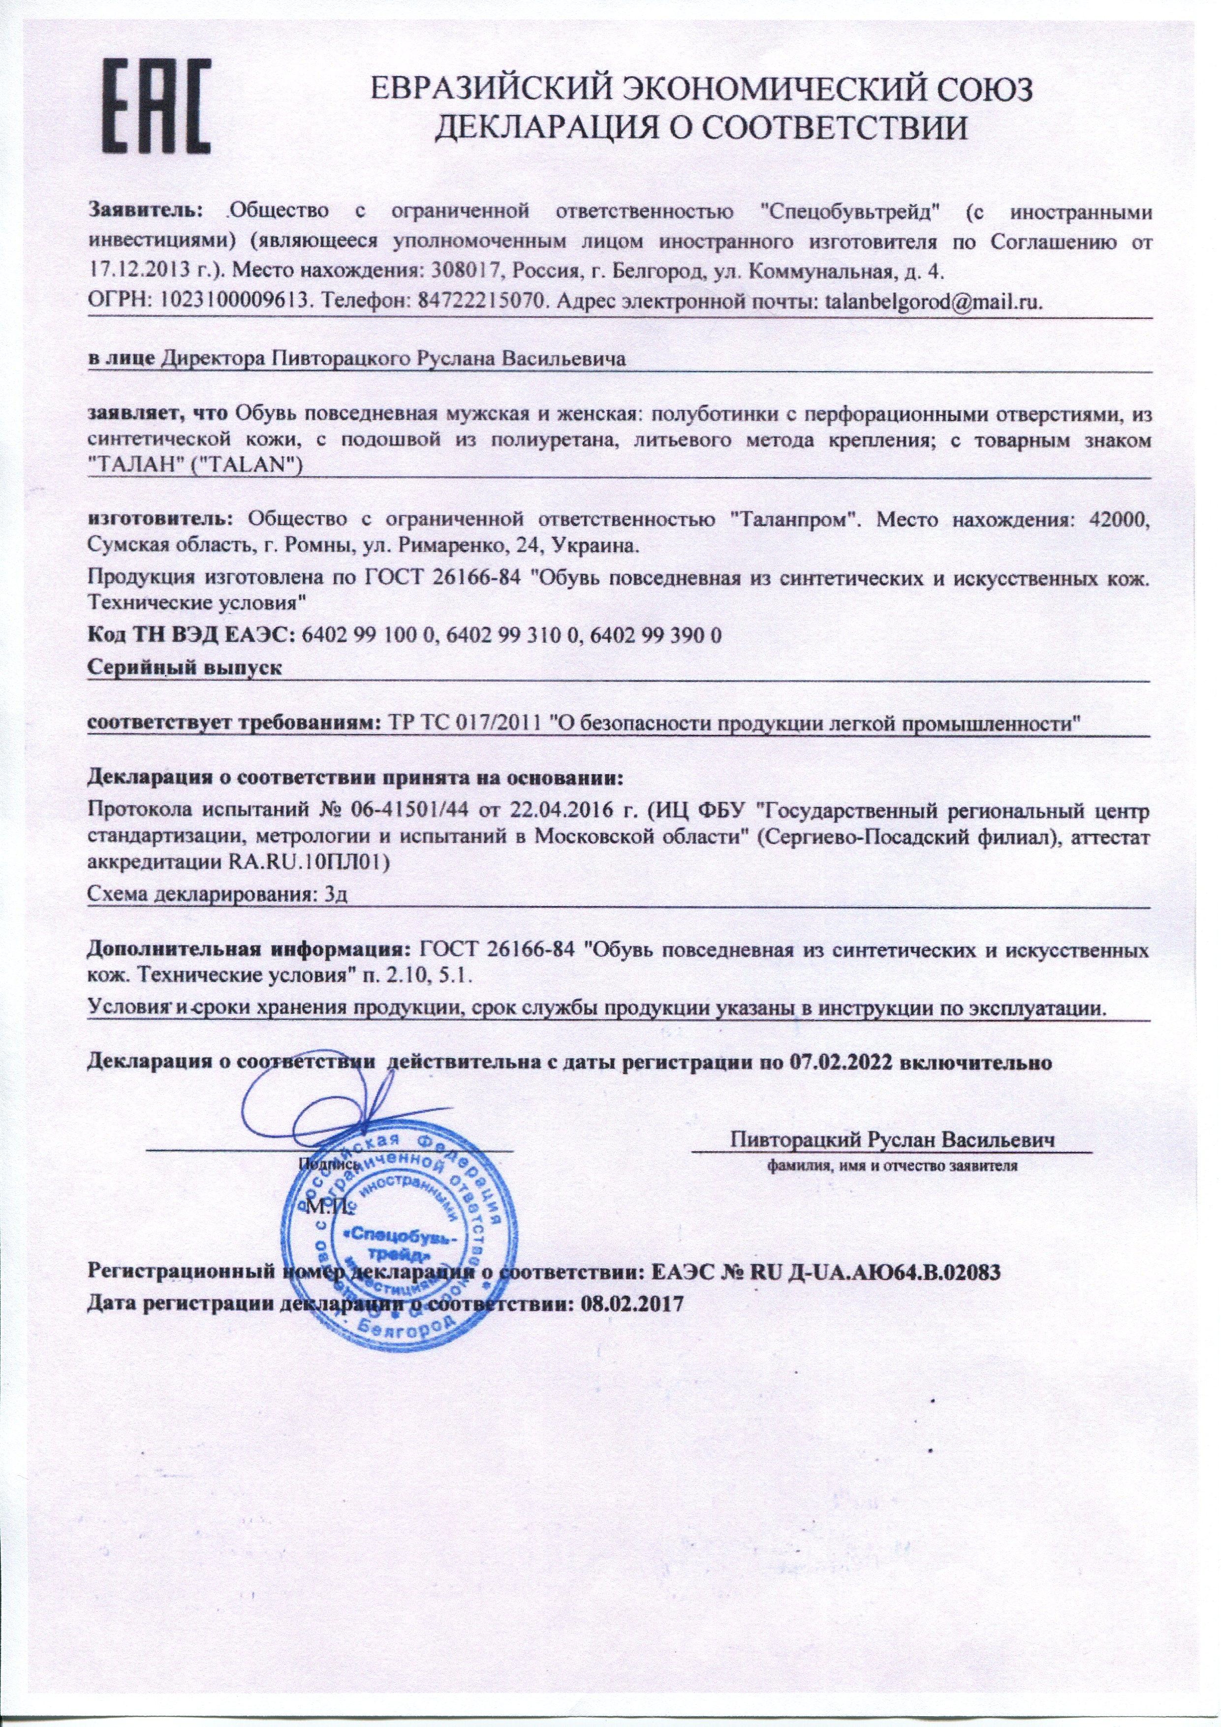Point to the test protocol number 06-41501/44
pos(412,813)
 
